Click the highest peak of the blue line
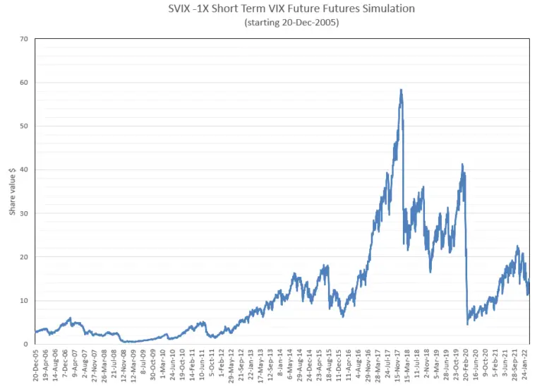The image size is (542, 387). click(401, 90)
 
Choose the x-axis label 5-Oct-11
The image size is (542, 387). click(214, 365)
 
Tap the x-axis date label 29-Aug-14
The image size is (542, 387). click(303, 365)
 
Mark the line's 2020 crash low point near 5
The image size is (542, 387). click(468, 324)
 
